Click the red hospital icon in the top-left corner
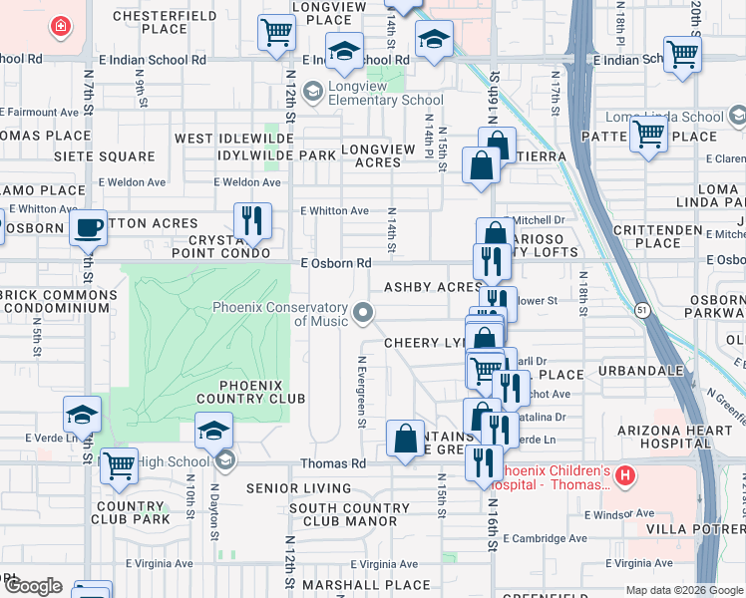[61, 26]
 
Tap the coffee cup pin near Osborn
[89, 227]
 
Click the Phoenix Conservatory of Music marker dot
[364, 314]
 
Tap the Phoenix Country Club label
[251, 392]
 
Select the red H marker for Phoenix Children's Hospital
[625, 476]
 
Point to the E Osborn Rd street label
[336, 263]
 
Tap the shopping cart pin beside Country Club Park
[119, 464]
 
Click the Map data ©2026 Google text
[684, 590]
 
